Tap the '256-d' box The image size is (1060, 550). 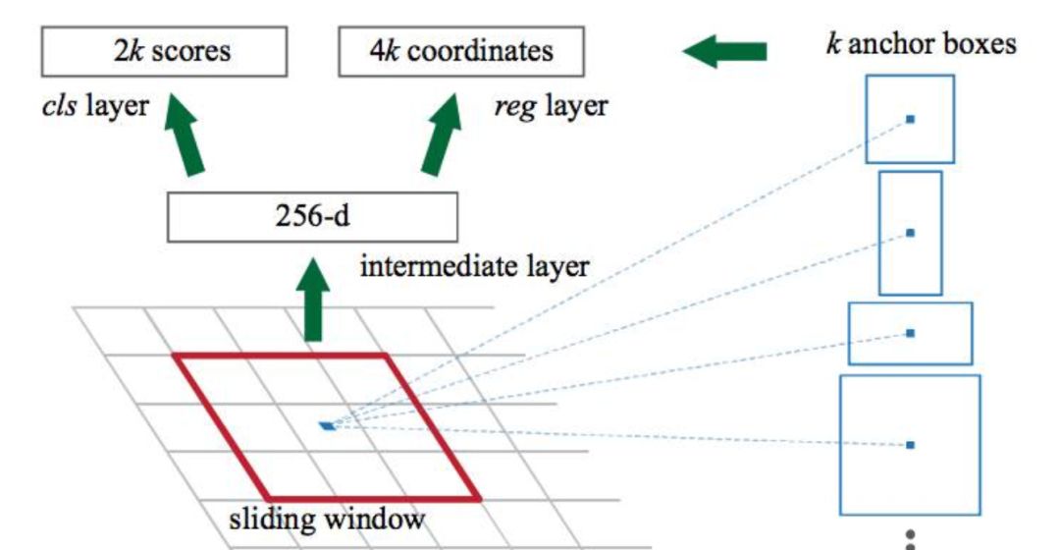[x=312, y=217]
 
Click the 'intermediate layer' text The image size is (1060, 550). [x=475, y=265]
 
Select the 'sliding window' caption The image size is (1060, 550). [x=328, y=518]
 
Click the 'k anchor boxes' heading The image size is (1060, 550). [x=920, y=44]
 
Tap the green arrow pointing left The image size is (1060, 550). [x=724, y=52]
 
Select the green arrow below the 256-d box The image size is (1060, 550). [x=313, y=300]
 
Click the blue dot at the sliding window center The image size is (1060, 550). [x=327, y=425]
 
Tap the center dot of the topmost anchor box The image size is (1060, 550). [x=910, y=119]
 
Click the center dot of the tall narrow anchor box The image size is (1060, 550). [x=910, y=233]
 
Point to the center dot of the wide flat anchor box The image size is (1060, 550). [x=910, y=334]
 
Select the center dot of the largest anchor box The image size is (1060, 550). [x=910, y=445]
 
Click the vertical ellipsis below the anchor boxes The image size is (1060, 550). [x=910, y=540]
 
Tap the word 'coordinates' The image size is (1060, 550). [x=480, y=51]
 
